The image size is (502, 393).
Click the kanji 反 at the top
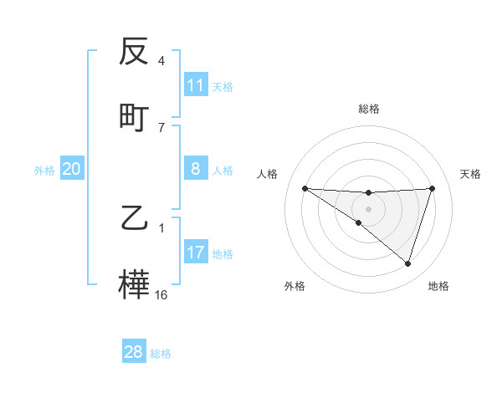point(135,53)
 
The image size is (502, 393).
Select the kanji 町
point(135,117)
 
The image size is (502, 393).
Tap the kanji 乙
point(135,219)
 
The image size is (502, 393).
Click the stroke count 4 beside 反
point(161,61)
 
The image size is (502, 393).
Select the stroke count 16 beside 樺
point(161,294)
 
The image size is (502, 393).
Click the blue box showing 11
point(196,85)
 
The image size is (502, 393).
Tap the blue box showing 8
point(196,169)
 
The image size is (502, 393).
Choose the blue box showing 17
point(196,253)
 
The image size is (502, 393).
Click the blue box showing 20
point(72,169)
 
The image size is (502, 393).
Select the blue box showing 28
point(134,352)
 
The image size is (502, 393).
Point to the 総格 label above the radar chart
point(369,109)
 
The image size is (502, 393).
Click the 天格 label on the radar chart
point(471,174)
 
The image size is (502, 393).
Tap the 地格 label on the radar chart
point(438,286)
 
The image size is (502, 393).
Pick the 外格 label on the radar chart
point(295,286)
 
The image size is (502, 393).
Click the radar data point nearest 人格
point(305,188)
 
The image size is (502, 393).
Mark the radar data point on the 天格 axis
point(432,188)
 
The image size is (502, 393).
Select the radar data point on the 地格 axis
point(407,263)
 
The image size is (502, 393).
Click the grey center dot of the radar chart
point(369,208)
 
